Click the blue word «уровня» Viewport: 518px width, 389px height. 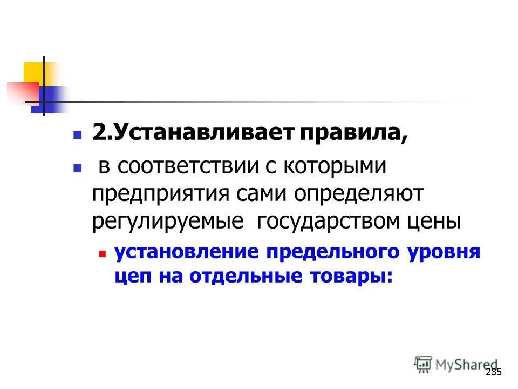point(440,252)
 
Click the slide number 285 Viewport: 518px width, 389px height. point(494,372)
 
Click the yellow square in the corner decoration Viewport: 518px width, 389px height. point(33,72)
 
